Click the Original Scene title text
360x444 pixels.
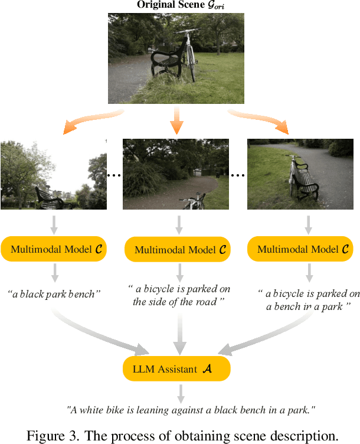pyautogui.click(x=176, y=5)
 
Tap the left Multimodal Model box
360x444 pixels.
pyautogui.click(x=54, y=249)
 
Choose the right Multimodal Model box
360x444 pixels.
pyautogui.click(x=300, y=249)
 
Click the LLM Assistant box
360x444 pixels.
pyautogui.click(x=176, y=369)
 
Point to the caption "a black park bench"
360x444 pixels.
pyautogui.click(x=51, y=293)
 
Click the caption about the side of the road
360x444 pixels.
pyautogui.click(x=179, y=295)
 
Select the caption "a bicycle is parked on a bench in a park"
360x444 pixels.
pyautogui.click(x=309, y=300)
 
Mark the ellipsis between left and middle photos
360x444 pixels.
pyautogui.click(x=114, y=175)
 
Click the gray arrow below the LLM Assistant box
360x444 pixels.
pyautogui.click(x=181, y=392)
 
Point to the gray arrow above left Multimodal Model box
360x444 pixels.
pyautogui.click(x=54, y=224)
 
